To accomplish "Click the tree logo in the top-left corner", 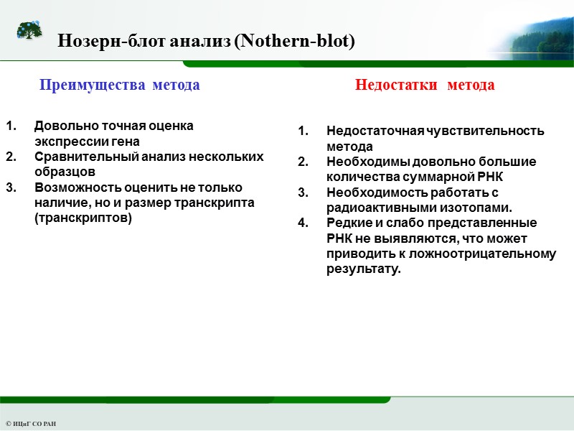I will click(x=29, y=31).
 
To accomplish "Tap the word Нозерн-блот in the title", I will click(x=111, y=42).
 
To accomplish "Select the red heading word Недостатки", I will click(x=397, y=85).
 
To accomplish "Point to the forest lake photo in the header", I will click(x=531, y=32).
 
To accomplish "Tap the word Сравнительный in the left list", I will click(x=80, y=157).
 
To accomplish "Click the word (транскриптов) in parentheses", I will click(x=83, y=218).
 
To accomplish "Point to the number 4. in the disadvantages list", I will click(x=303, y=223).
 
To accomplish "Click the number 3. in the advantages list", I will click(x=11, y=187).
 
